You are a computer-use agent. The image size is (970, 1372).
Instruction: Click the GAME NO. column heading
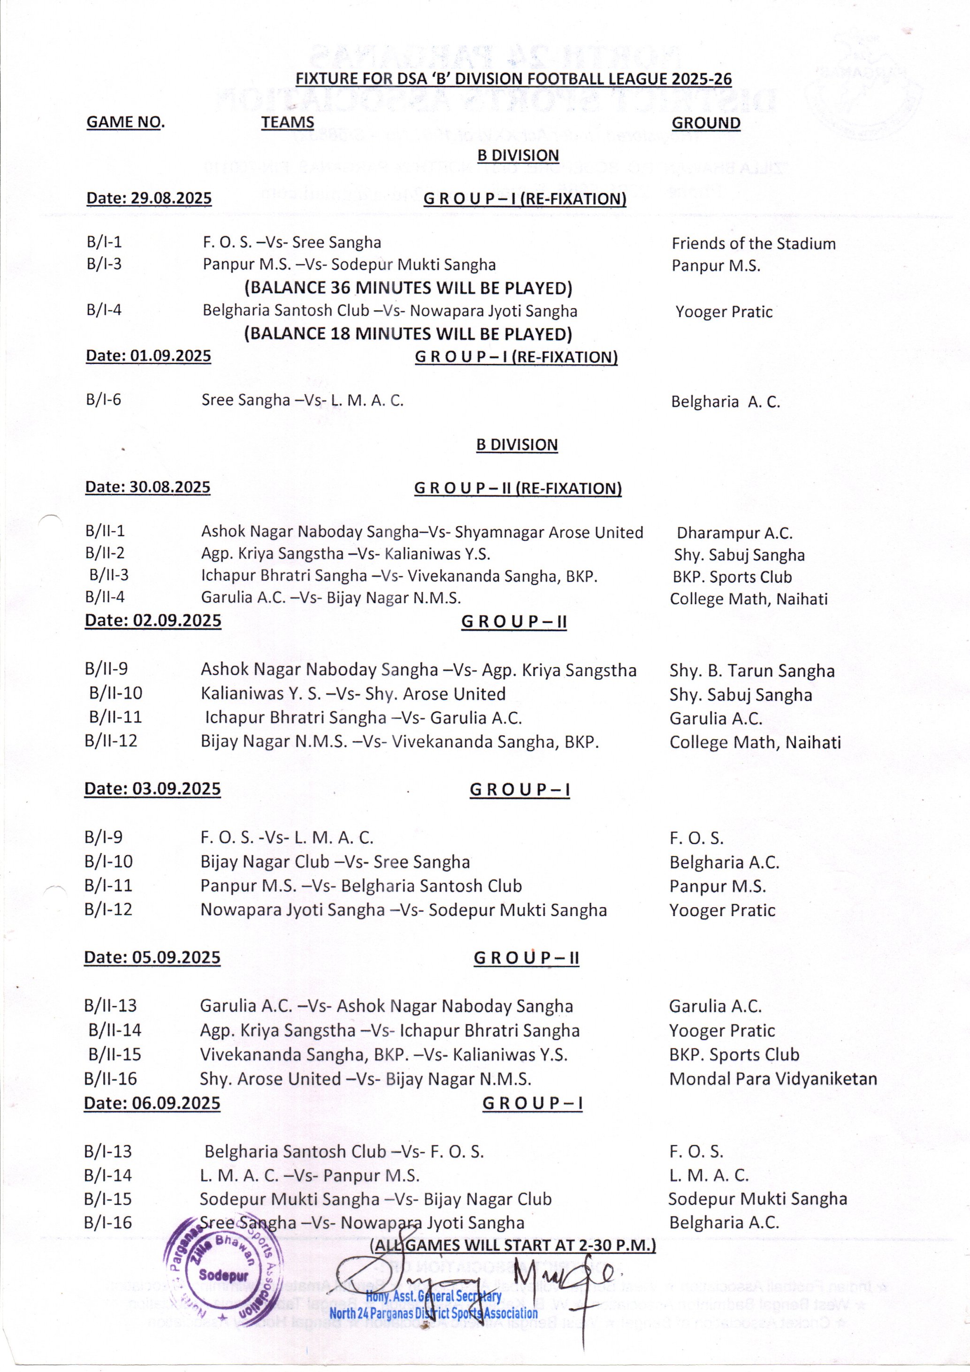[125, 122]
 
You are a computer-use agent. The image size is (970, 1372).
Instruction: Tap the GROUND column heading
[705, 123]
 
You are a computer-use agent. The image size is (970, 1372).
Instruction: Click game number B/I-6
[103, 400]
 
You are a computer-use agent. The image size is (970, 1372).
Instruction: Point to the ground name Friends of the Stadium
[753, 244]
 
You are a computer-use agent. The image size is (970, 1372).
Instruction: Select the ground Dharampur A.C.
[734, 533]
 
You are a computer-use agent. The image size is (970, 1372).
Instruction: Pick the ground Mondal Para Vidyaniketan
[773, 1079]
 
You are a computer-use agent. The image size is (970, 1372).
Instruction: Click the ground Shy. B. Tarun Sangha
[751, 671]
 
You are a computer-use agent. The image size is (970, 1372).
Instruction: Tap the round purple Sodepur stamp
[223, 1275]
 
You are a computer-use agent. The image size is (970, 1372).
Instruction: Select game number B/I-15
[107, 1199]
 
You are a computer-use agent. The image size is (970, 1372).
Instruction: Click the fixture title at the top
[514, 79]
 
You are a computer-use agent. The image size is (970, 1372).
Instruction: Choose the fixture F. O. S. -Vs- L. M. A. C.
[287, 838]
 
